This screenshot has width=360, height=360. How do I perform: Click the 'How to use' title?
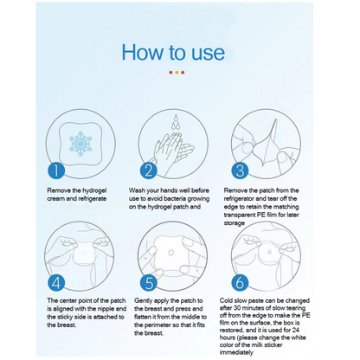click(179, 51)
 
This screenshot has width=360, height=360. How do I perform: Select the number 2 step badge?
click(147, 170)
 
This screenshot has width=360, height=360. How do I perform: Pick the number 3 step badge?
click(240, 170)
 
